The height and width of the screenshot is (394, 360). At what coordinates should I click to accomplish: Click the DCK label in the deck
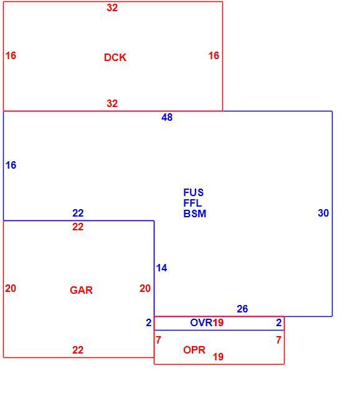(115, 57)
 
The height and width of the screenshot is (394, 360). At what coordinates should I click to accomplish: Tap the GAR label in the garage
(81, 290)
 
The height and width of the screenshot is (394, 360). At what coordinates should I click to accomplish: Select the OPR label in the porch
(194, 350)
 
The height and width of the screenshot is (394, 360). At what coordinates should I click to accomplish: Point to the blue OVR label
(201, 322)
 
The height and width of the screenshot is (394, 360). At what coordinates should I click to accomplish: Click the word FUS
(193, 192)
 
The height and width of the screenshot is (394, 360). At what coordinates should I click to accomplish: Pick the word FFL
(192, 203)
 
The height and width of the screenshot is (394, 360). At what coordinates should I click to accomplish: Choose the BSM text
(195, 213)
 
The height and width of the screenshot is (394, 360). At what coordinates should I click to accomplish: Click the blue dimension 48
(167, 118)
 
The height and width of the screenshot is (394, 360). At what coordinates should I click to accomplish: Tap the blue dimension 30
(323, 213)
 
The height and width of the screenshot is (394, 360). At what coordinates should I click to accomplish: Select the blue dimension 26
(242, 309)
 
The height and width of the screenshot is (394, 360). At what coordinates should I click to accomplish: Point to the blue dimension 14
(162, 268)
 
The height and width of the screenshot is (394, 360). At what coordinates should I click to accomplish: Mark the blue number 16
(11, 165)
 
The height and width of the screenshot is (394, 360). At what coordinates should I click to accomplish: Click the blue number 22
(78, 213)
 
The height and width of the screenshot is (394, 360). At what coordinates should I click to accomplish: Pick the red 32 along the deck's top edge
(112, 7)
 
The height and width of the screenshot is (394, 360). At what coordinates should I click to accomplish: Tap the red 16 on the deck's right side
(214, 55)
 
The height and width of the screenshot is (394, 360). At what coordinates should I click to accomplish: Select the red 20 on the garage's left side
(11, 288)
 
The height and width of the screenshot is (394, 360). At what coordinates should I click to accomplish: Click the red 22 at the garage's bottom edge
(78, 350)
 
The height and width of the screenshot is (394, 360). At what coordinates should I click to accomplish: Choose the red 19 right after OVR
(218, 322)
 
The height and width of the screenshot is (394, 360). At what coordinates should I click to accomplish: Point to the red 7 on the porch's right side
(278, 340)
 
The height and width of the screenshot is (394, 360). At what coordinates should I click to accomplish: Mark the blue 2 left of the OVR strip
(149, 322)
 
